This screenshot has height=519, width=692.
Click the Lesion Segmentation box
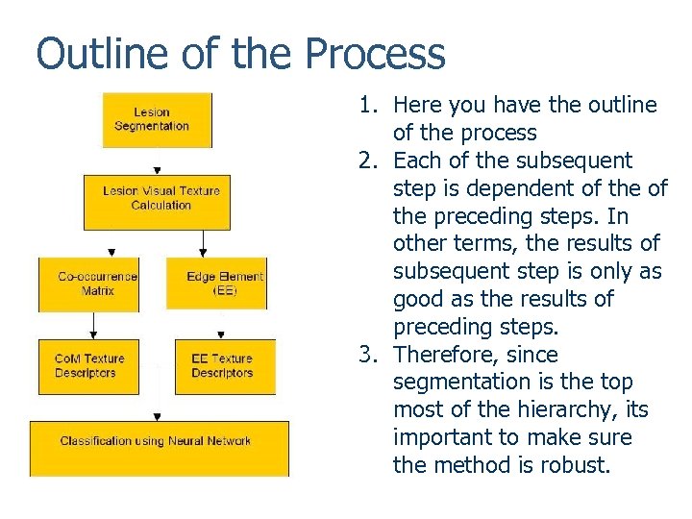click(x=157, y=120)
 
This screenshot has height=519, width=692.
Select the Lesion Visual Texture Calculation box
click(x=161, y=199)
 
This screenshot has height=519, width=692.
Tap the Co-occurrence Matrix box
click(x=87, y=284)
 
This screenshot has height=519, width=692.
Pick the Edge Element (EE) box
click(x=216, y=284)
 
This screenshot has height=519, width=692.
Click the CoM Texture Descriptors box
click(x=87, y=366)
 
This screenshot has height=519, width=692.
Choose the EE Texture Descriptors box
click(x=224, y=366)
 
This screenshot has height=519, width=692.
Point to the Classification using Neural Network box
click(x=159, y=448)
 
